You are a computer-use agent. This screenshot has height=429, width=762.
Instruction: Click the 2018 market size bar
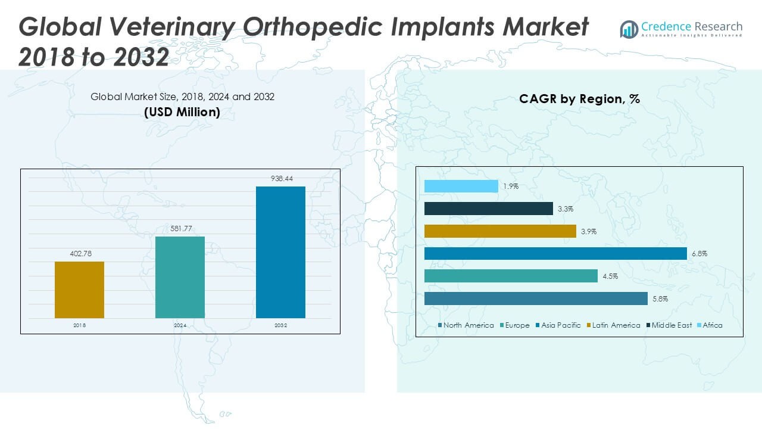pos(79,290)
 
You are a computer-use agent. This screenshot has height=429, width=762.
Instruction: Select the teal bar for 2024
pos(180,277)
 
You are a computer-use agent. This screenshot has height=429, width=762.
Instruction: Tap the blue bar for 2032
pos(280,252)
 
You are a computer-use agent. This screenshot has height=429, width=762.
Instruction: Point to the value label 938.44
pos(280,179)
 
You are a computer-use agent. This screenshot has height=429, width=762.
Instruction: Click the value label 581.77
pos(180,229)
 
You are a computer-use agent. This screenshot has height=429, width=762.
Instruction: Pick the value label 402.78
pos(79,254)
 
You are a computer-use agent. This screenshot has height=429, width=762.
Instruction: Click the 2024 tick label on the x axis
pos(180,326)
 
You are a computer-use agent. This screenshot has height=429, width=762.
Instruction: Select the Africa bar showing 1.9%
pos(461,186)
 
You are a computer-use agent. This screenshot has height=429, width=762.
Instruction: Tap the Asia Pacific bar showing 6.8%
pos(555,254)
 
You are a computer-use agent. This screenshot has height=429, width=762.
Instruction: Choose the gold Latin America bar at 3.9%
pos(500,231)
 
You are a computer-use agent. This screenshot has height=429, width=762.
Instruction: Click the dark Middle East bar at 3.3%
pos(489,209)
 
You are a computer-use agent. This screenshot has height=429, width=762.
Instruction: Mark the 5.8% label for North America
pos(659,299)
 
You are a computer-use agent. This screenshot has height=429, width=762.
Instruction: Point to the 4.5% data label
pos(609,276)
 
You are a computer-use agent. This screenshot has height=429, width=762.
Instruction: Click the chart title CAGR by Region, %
pos(579,99)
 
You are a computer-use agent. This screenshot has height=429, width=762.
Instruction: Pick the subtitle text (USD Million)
pos(182,111)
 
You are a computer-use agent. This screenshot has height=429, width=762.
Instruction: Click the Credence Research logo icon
pos(629,29)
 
